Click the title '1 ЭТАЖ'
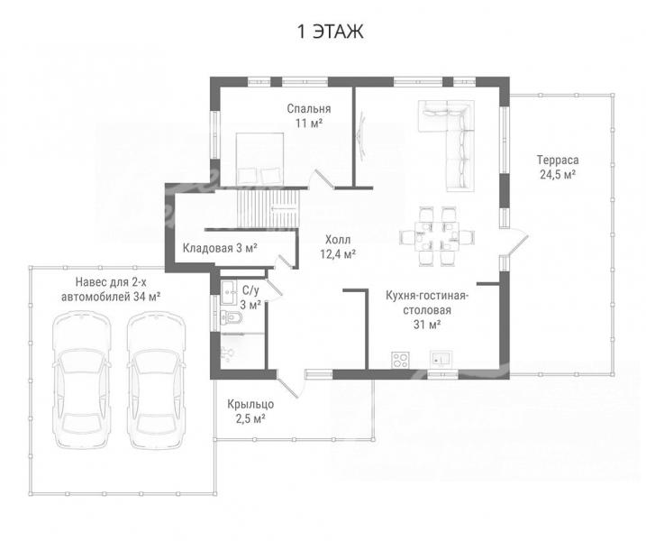(331, 32)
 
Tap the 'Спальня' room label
(309, 109)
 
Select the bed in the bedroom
(259, 159)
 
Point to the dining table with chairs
(436, 236)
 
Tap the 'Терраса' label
(558, 160)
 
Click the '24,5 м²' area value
(558, 174)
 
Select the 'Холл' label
(338, 240)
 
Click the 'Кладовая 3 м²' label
(220, 248)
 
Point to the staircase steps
(268, 208)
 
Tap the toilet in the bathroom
(232, 317)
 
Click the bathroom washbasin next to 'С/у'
(228, 292)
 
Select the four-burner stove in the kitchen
(400, 360)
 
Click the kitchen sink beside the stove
(441, 359)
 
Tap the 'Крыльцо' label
(250, 405)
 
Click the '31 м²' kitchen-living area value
(427, 325)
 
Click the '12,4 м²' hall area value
(338, 254)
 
